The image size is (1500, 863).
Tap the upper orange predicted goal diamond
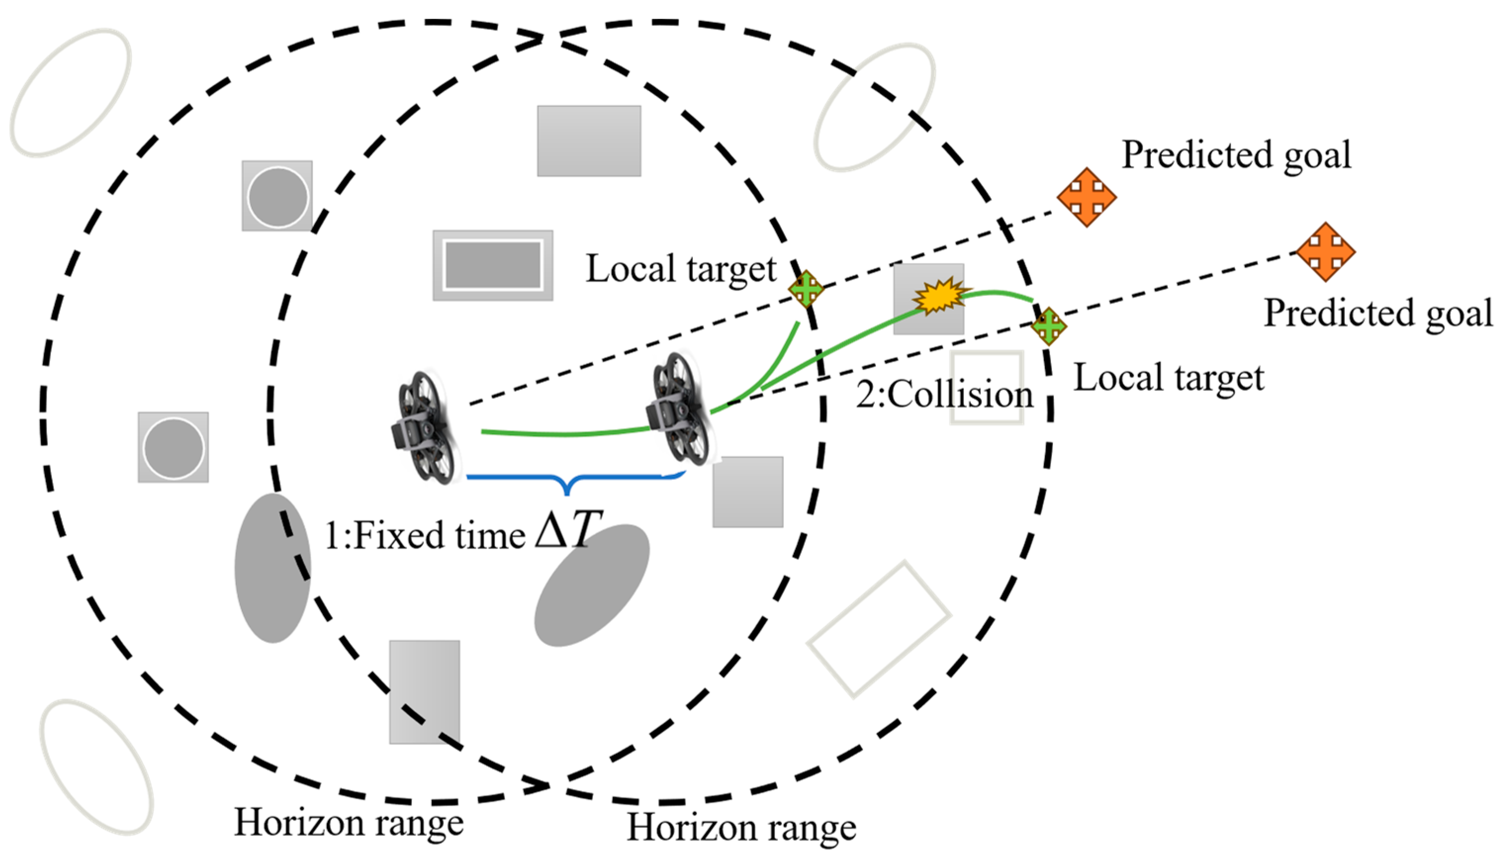point(1086,197)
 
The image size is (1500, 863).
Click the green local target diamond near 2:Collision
point(1049,326)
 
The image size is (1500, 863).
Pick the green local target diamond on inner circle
point(806,289)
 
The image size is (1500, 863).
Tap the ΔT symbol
point(567,529)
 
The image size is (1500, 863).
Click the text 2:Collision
point(944,394)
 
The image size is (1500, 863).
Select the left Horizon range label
point(349,822)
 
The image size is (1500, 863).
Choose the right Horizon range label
point(741,827)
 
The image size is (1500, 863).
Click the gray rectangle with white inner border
point(493,265)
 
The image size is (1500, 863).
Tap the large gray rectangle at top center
point(589,141)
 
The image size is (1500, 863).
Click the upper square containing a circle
point(277,196)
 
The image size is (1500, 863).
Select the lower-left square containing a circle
point(173,447)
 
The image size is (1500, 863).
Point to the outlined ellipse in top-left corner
point(70,93)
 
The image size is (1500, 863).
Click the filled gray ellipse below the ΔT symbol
point(591,585)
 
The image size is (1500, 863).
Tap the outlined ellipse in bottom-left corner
point(96,767)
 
